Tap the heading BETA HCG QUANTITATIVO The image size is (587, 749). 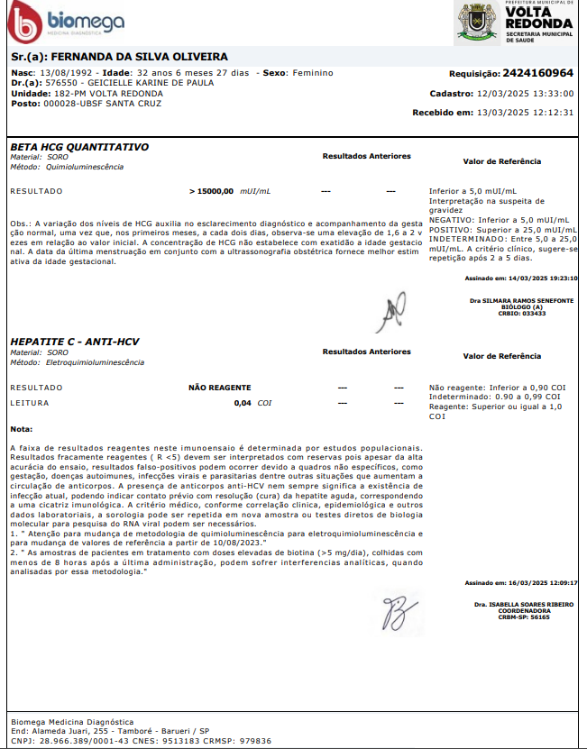[79, 146]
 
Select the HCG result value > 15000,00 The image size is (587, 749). [212, 192]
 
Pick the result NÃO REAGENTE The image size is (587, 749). [219, 387]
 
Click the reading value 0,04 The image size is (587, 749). [243, 403]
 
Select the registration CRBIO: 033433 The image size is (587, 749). [522, 313]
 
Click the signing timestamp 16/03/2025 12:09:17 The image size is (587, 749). [547, 583]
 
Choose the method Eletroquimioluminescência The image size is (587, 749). [95, 361]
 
